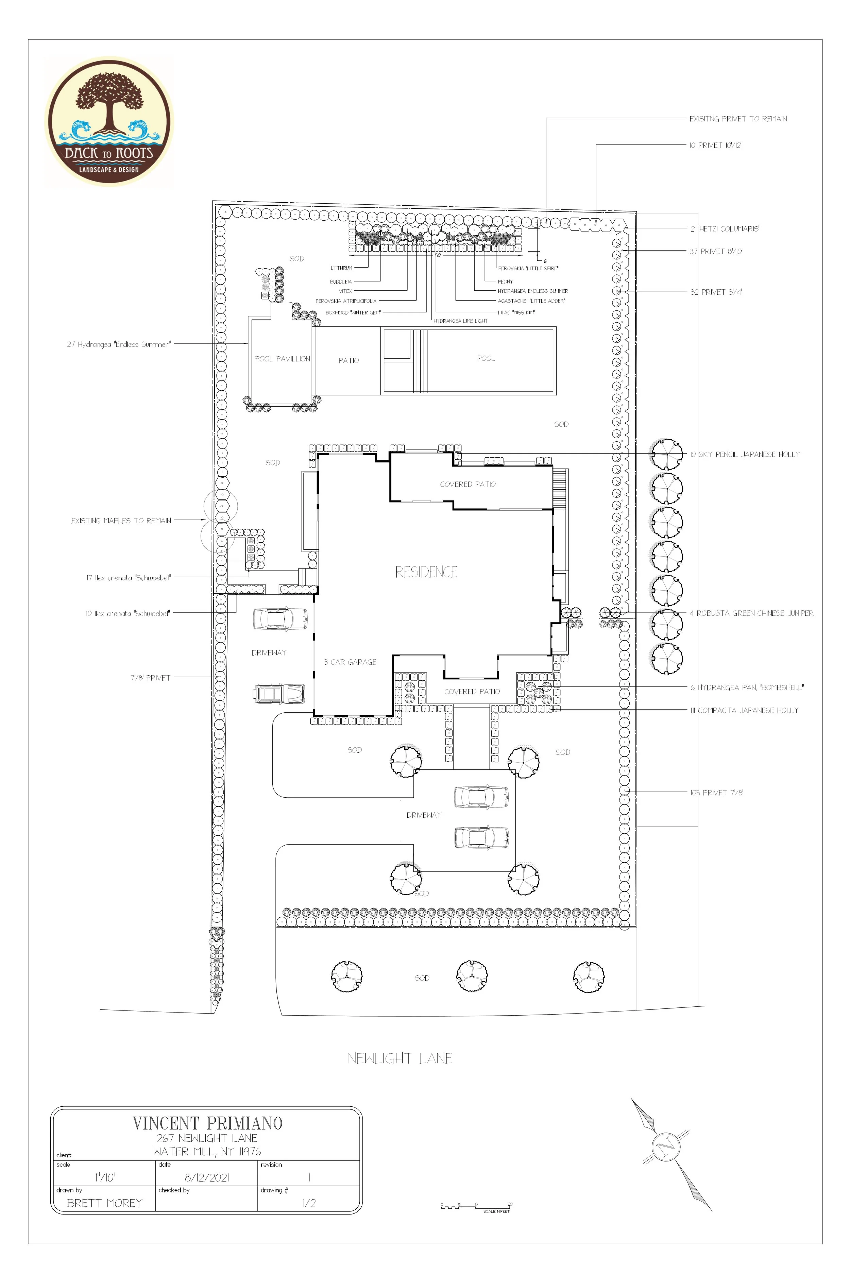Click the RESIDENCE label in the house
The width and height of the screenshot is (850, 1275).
tap(426, 572)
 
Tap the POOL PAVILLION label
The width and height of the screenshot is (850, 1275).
tap(282, 359)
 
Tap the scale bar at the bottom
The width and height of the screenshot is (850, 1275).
tap(476, 1206)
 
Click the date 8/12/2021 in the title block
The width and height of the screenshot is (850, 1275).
tap(206, 1177)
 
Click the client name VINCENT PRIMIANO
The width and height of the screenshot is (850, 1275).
tap(207, 1123)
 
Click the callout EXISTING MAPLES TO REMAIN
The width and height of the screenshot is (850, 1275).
tap(121, 521)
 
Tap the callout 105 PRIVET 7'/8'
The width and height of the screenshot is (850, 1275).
tap(716, 793)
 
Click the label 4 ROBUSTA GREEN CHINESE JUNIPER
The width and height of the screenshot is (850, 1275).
tap(751, 613)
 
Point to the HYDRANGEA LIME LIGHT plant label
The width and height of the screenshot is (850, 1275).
tap(460, 321)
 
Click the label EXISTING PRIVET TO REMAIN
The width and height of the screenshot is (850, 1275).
tap(738, 119)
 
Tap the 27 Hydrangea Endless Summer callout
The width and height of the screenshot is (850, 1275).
tap(119, 344)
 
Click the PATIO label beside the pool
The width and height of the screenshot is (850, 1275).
tap(348, 360)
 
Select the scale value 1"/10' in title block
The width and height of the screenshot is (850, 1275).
tap(105, 1177)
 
